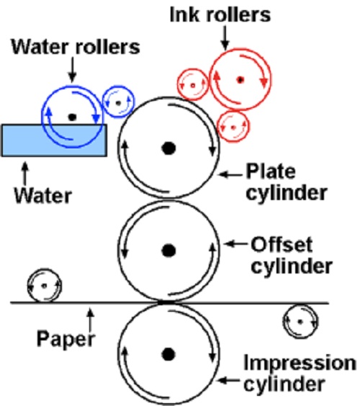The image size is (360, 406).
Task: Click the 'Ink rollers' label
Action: pos(220,15)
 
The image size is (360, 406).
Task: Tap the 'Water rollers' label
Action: pos(76,47)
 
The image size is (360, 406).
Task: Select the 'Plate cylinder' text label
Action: pos(287,182)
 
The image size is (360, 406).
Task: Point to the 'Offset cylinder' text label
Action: pos(292,256)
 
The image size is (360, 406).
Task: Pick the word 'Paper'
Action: pos(66,340)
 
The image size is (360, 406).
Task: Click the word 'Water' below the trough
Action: pos(42,196)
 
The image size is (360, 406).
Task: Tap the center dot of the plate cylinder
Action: pos(168,148)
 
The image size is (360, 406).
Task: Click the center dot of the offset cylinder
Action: pos(168,251)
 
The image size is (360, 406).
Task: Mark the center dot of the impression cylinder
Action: pos(168,354)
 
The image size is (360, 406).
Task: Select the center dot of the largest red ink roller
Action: pos(240,80)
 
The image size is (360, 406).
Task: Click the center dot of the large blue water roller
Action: pos(72,117)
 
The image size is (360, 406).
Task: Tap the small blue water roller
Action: pos(119,101)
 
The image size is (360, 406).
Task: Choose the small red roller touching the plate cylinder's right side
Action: pos(234,127)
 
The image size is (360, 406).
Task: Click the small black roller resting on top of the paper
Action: pos(45,286)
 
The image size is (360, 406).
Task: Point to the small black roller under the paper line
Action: pos(300,322)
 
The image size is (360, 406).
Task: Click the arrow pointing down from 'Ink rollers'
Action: pos(225,38)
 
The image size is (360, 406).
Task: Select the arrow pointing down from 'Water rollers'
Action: pos(72,69)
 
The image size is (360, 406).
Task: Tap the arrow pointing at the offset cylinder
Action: pos(235,243)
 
